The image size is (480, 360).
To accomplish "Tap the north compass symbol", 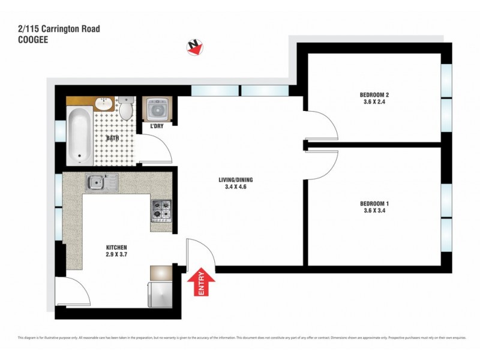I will point(193,47).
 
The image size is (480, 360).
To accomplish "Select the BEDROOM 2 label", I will point(375,95).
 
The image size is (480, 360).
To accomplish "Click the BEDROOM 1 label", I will point(375,203).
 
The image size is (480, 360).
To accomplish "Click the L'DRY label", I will point(150,126).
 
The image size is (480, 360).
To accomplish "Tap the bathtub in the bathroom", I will point(79,136).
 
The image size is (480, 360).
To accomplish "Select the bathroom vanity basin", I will point(103,103).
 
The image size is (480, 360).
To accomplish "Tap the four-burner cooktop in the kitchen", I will point(161,210).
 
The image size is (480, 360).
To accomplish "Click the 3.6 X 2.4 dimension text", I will point(375,103).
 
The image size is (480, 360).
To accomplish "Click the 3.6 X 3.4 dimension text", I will point(375,211).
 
